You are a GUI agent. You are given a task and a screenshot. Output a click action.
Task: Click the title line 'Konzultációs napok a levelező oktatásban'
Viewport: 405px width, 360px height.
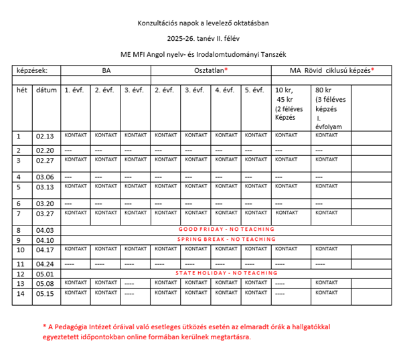click(203, 23)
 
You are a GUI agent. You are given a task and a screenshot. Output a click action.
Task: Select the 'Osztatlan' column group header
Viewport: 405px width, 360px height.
click(210, 70)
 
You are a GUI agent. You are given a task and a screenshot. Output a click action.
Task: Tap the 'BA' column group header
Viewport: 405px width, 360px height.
click(106, 70)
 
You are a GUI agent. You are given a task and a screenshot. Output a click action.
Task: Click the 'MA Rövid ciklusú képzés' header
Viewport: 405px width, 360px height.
click(331, 70)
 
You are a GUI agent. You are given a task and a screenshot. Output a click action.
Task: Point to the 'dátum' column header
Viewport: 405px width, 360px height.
click(46, 90)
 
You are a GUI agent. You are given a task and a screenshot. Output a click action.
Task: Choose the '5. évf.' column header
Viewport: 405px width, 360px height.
click(256, 90)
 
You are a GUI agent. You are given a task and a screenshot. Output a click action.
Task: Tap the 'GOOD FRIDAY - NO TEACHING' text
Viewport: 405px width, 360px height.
click(226, 229)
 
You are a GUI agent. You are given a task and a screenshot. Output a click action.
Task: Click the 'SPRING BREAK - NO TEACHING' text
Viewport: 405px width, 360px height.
click(226, 239)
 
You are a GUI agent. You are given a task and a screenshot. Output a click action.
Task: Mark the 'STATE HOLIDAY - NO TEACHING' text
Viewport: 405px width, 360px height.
click(226, 273)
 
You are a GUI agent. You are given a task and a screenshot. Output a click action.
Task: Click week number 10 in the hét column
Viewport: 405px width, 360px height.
click(19, 250)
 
